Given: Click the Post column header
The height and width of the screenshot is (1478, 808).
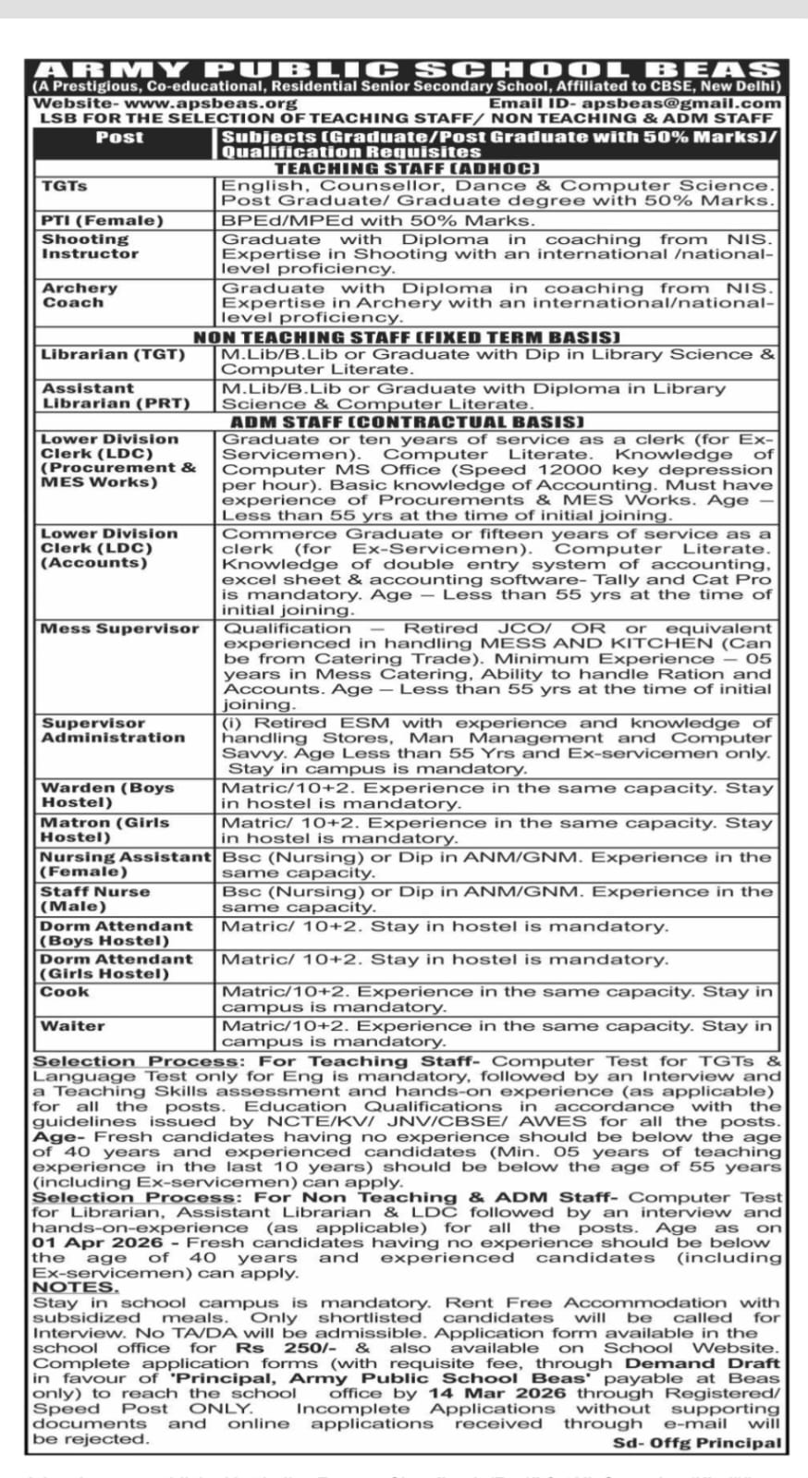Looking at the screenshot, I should point(120,138).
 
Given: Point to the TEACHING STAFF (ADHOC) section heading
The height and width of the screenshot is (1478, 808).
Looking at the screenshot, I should point(407,168).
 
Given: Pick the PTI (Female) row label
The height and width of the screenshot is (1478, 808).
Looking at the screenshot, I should point(102,221).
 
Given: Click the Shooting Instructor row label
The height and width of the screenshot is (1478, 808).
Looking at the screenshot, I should point(90,247).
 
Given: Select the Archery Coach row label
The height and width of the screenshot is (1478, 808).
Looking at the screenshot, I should point(80,296).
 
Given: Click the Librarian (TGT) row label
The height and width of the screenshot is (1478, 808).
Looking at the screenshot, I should point(113,355).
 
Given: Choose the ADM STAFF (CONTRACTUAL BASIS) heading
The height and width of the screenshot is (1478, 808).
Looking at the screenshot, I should point(407,421).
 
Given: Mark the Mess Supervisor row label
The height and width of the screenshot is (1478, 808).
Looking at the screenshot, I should point(119,629).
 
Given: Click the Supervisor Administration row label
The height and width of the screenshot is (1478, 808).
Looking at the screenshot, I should point(112,730).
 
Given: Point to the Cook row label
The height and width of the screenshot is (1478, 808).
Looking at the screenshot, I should point(65,992).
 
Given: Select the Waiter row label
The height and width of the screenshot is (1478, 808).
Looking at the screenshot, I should point(72,1026).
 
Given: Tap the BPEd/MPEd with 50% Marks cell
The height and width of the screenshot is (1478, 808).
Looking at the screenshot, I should point(377,221).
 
